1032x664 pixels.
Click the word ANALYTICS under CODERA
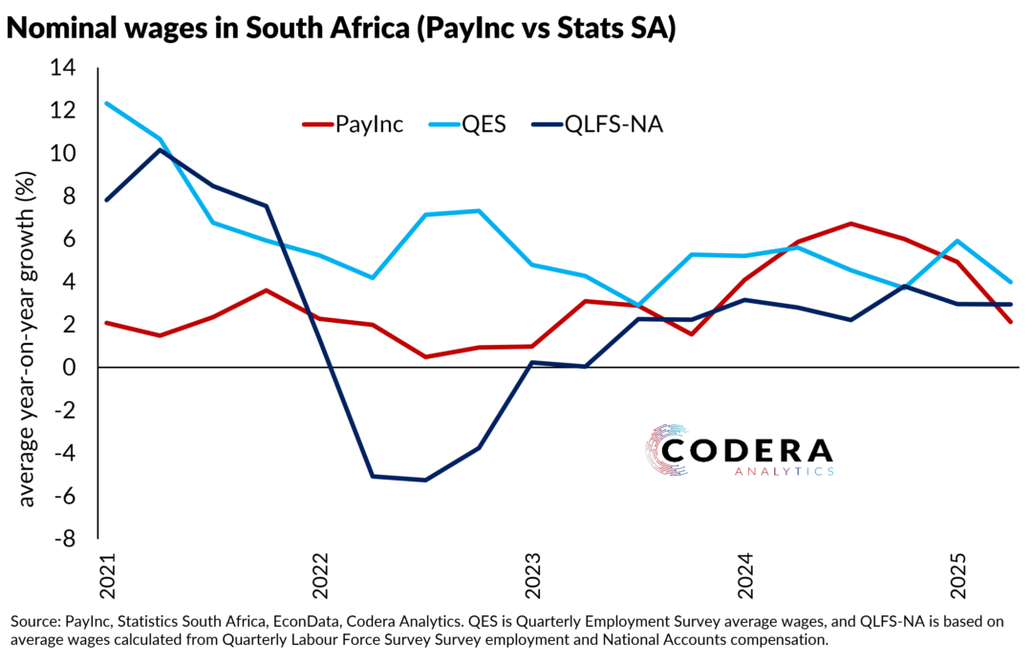(x=784, y=471)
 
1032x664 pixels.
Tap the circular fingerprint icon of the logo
(x=667, y=449)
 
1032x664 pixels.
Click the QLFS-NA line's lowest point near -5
(x=424, y=480)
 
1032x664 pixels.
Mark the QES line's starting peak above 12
(x=106, y=103)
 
